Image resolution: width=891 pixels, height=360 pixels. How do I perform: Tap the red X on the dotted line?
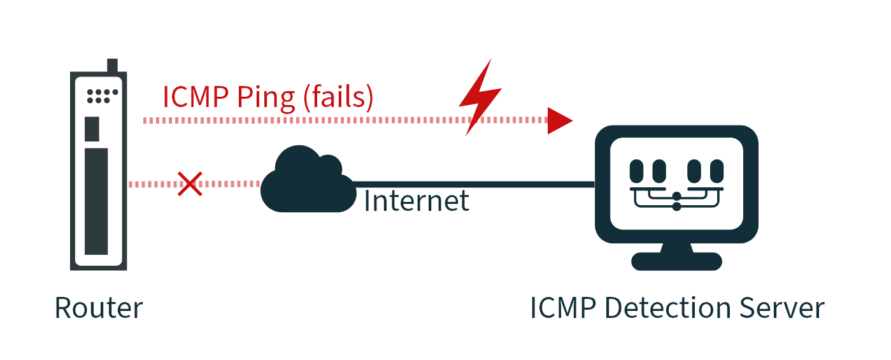point(190,184)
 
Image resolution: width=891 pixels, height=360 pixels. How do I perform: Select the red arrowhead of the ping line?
point(559,120)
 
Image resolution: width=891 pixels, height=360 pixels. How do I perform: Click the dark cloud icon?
point(306,181)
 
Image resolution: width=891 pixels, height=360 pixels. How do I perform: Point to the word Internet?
point(417,201)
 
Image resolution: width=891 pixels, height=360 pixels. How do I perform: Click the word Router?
point(99,308)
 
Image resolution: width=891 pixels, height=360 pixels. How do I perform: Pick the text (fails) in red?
point(338,97)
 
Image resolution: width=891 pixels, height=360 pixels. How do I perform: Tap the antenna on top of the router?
point(113,66)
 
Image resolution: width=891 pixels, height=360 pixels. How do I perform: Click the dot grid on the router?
point(102,96)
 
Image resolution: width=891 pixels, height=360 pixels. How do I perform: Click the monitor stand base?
point(676,261)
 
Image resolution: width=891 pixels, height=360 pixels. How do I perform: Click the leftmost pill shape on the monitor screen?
point(637,171)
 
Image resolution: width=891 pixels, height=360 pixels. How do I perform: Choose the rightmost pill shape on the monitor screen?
point(716,171)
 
